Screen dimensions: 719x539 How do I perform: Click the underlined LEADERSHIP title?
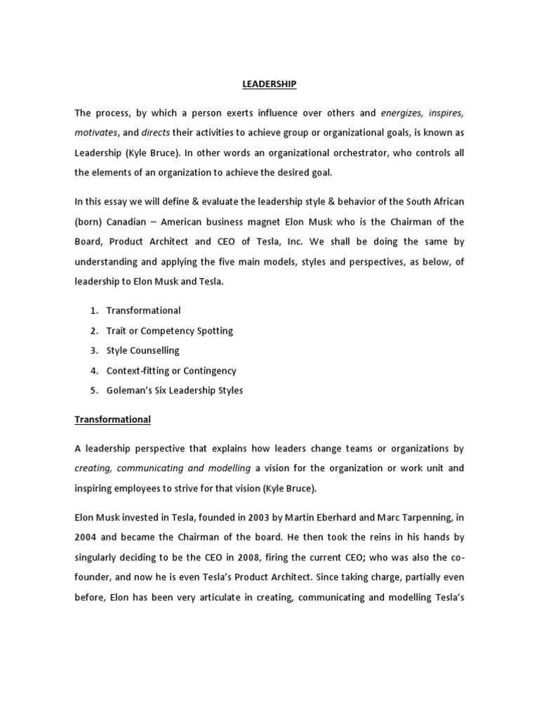(269, 84)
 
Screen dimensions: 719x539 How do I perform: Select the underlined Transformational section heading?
(112, 420)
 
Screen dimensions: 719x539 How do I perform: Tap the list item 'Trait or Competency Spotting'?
(169, 331)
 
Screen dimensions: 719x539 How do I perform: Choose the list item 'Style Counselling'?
(142, 350)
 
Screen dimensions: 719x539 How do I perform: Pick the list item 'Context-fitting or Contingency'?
(171, 371)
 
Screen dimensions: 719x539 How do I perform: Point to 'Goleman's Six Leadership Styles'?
(174, 390)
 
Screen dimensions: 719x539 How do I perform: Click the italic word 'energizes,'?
(403, 112)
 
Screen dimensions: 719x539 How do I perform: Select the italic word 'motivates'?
(95, 133)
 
